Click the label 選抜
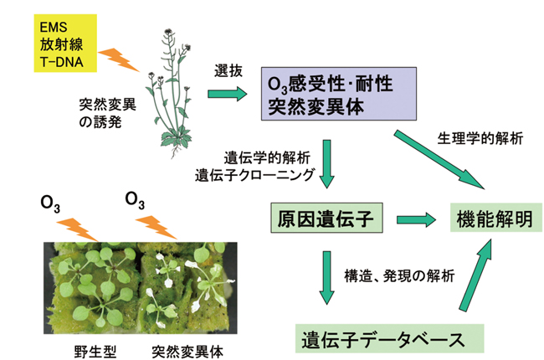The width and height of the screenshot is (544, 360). pos(228,71)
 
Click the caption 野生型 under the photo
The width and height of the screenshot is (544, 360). pos(95,347)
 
